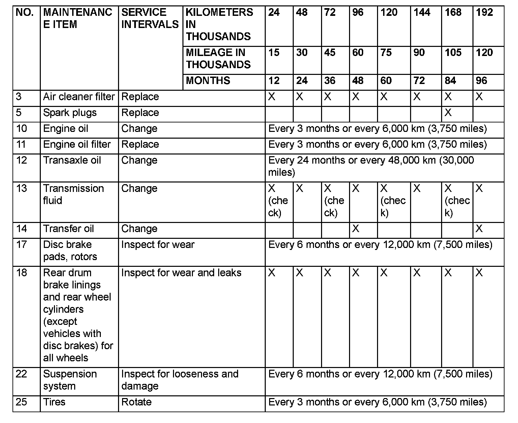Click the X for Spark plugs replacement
pyautogui.click(x=448, y=113)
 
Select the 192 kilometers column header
pyautogui.click(x=484, y=13)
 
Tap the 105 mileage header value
pyautogui.click(x=453, y=53)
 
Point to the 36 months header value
pyautogui.click(x=329, y=81)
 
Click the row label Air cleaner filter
pyautogui.click(x=79, y=97)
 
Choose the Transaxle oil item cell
pyautogui.click(x=72, y=160)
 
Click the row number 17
pyautogui.click(x=21, y=245)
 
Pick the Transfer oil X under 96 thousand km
pyautogui.click(x=355, y=229)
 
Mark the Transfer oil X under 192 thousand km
pyautogui.click(x=479, y=229)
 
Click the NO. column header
pyautogui.click(x=25, y=13)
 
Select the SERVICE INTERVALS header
pyautogui.click(x=150, y=19)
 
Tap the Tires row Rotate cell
pyautogui.click(x=137, y=402)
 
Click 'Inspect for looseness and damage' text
pyautogui.click(x=179, y=380)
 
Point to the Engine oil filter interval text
pyautogui.click(x=377, y=144)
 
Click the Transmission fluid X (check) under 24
pyautogui.click(x=278, y=201)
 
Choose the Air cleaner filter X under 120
pyautogui.click(x=384, y=97)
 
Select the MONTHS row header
pyautogui.click(x=208, y=81)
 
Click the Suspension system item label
pyautogui.click(x=70, y=380)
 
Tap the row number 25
pyautogui.click(x=21, y=402)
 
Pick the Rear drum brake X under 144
pyautogui.click(x=417, y=273)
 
